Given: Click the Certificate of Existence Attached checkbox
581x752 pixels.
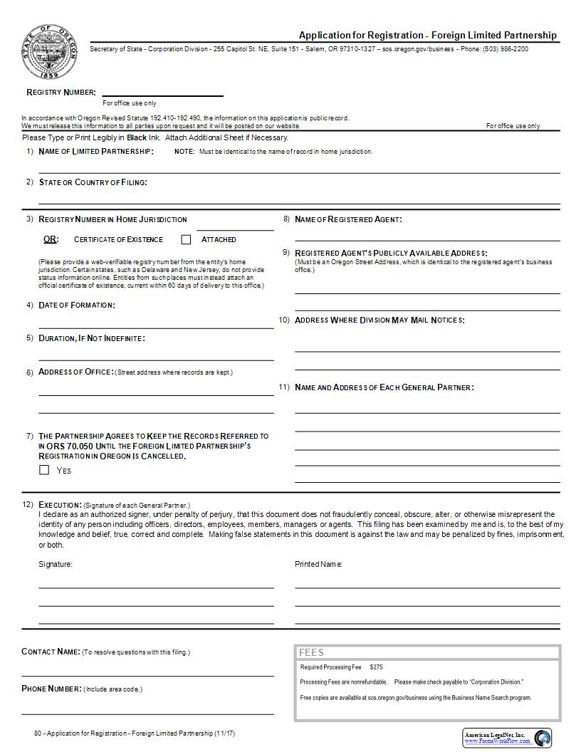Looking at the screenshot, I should [187, 240].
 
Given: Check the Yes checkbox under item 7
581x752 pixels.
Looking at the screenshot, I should [44, 470].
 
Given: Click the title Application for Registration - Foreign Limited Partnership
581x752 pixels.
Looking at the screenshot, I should [427, 36].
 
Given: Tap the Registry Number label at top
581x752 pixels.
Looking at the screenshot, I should [61, 93].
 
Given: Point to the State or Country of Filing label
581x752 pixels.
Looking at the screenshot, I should [93, 182].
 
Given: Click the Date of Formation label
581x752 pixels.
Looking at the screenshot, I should [76, 305].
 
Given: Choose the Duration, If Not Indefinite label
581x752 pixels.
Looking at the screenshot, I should [91, 338].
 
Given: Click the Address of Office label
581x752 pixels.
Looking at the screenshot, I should [75, 372].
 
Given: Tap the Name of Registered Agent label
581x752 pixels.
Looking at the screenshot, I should [348, 219].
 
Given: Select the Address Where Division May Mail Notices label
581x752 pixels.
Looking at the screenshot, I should [380, 320].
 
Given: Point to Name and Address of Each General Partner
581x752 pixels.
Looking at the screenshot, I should [384, 387].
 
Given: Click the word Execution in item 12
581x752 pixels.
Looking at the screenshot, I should [60, 505].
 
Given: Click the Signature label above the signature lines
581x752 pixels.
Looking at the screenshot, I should [56, 564].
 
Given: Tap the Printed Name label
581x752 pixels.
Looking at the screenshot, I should [318, 564].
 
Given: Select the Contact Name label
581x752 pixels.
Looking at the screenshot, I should [51, 652].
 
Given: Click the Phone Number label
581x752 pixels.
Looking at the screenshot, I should [52, 689].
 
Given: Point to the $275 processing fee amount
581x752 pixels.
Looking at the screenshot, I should [376, 667].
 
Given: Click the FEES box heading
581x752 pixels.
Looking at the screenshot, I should [312, 652].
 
